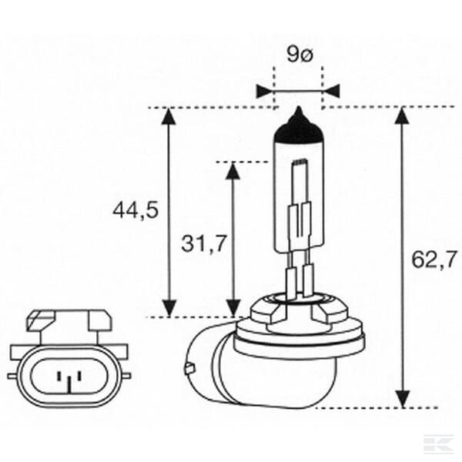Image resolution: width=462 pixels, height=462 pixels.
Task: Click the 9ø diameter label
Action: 300,54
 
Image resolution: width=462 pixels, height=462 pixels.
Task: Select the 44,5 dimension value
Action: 136,210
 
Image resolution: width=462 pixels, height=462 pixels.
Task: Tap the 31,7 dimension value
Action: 204,243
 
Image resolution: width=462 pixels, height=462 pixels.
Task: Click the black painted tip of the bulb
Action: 299,127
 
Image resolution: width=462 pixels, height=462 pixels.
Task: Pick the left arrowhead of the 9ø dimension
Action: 264,91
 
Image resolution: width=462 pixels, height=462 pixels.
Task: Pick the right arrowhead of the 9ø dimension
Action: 332,91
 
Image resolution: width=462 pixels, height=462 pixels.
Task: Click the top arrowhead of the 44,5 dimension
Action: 169,116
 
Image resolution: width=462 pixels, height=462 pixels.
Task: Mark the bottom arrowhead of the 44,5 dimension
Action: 169,307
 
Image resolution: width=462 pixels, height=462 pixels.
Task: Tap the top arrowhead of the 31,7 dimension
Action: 233,170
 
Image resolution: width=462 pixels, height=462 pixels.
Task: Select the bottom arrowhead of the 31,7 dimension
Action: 233,307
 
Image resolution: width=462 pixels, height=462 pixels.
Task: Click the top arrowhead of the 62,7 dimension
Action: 403,116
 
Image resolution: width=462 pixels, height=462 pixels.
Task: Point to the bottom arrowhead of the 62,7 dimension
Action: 403,399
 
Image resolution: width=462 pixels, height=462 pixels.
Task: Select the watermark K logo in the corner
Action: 438,444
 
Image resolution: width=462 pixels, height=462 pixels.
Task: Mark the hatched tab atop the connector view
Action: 41,320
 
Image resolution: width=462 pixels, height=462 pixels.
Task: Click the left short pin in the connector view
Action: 59,376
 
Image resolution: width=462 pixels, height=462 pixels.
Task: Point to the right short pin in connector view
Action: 79,376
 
